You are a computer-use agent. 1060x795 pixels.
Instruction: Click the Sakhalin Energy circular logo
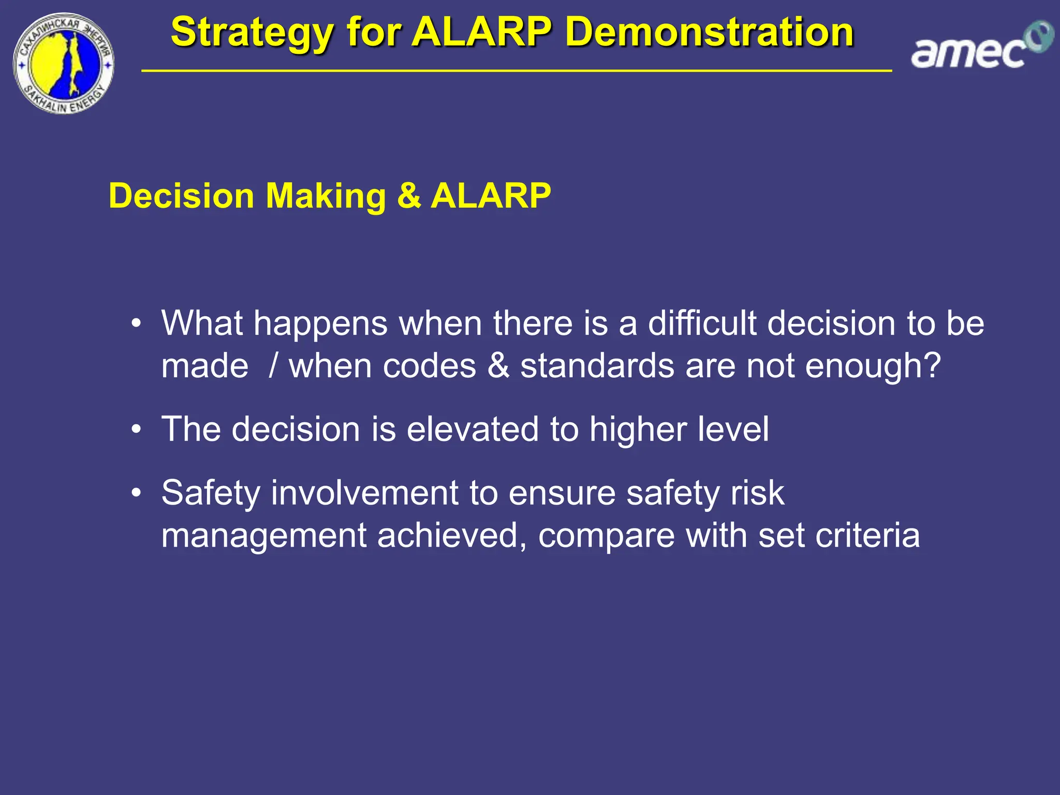[x=63, y=63]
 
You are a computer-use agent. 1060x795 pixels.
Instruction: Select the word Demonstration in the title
[x=709, y=32]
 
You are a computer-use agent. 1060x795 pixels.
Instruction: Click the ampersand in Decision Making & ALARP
[x=409, y=196]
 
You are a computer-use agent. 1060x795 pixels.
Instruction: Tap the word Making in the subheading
[x=326, y=196]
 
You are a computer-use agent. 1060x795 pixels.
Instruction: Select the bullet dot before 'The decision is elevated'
[x=136, y=430]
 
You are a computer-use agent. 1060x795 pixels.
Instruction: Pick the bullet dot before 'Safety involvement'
[x=136, y=493]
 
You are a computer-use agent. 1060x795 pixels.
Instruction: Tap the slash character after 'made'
[x=273, y=366]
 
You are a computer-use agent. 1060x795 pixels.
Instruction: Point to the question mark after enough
[x=931, y=366]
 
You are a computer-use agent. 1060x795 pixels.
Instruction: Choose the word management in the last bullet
[x=263, y=536]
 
